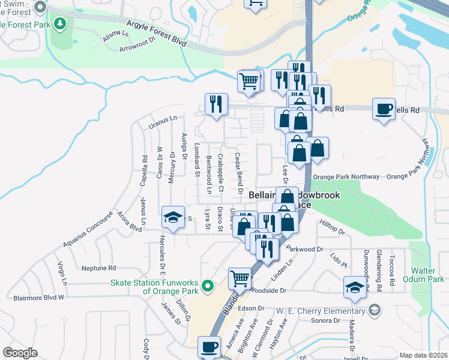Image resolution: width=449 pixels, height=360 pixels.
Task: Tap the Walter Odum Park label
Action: click(x=428, y=275)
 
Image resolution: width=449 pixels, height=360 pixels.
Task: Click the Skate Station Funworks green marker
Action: click(x=208, y=286)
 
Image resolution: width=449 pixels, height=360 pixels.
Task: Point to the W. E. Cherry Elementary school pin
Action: click(x=375, y=310)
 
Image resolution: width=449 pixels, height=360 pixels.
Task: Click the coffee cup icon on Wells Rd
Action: click(x=384, y=110)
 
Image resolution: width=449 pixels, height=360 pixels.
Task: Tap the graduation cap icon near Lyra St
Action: click(x=173, y=217)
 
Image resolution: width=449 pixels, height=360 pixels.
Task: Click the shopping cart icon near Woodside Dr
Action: click(x=240, y=278)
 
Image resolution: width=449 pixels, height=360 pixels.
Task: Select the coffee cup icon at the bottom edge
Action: click(x=209, y=347)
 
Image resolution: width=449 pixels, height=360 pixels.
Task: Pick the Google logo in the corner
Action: click(x=20, y=353)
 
